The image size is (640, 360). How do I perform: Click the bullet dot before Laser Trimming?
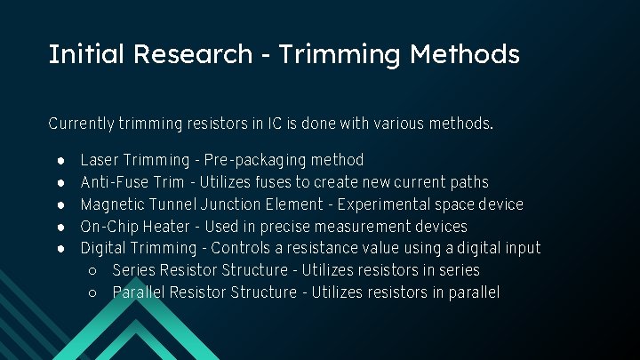[x=60, y=161]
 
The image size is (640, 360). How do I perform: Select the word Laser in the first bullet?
[x=99, y=161]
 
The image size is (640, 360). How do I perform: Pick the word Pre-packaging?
[x=253, y=161]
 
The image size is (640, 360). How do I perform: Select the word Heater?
[x=166, y=227]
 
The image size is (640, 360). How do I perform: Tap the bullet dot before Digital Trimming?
[x=60, y=249]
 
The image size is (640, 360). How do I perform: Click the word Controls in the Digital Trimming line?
[x=243, y=248]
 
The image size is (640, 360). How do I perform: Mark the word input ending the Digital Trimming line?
[x=519, y=248]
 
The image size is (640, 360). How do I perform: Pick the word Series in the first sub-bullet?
[x=133, y=270]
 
